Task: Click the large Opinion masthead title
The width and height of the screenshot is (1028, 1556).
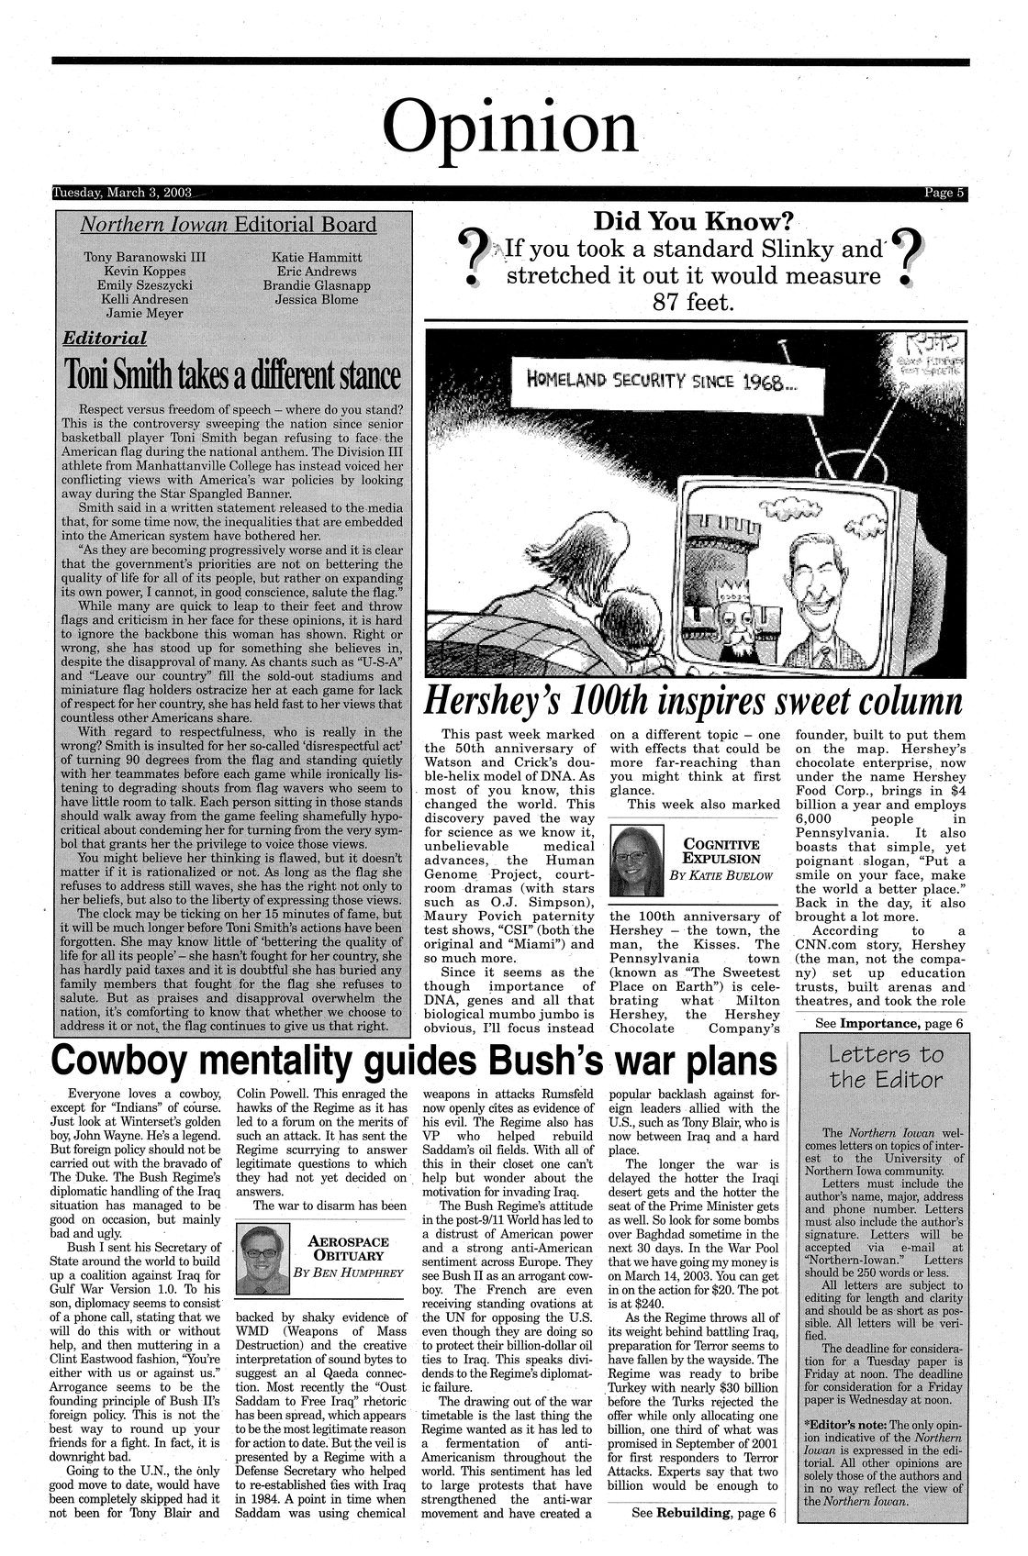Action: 510,127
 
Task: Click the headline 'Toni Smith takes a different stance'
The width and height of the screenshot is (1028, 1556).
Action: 232,374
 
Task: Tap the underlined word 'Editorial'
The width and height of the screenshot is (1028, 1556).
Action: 104,339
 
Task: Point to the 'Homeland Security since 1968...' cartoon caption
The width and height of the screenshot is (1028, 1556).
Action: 659,382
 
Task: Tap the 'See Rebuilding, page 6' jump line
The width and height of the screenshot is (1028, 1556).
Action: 704,1512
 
